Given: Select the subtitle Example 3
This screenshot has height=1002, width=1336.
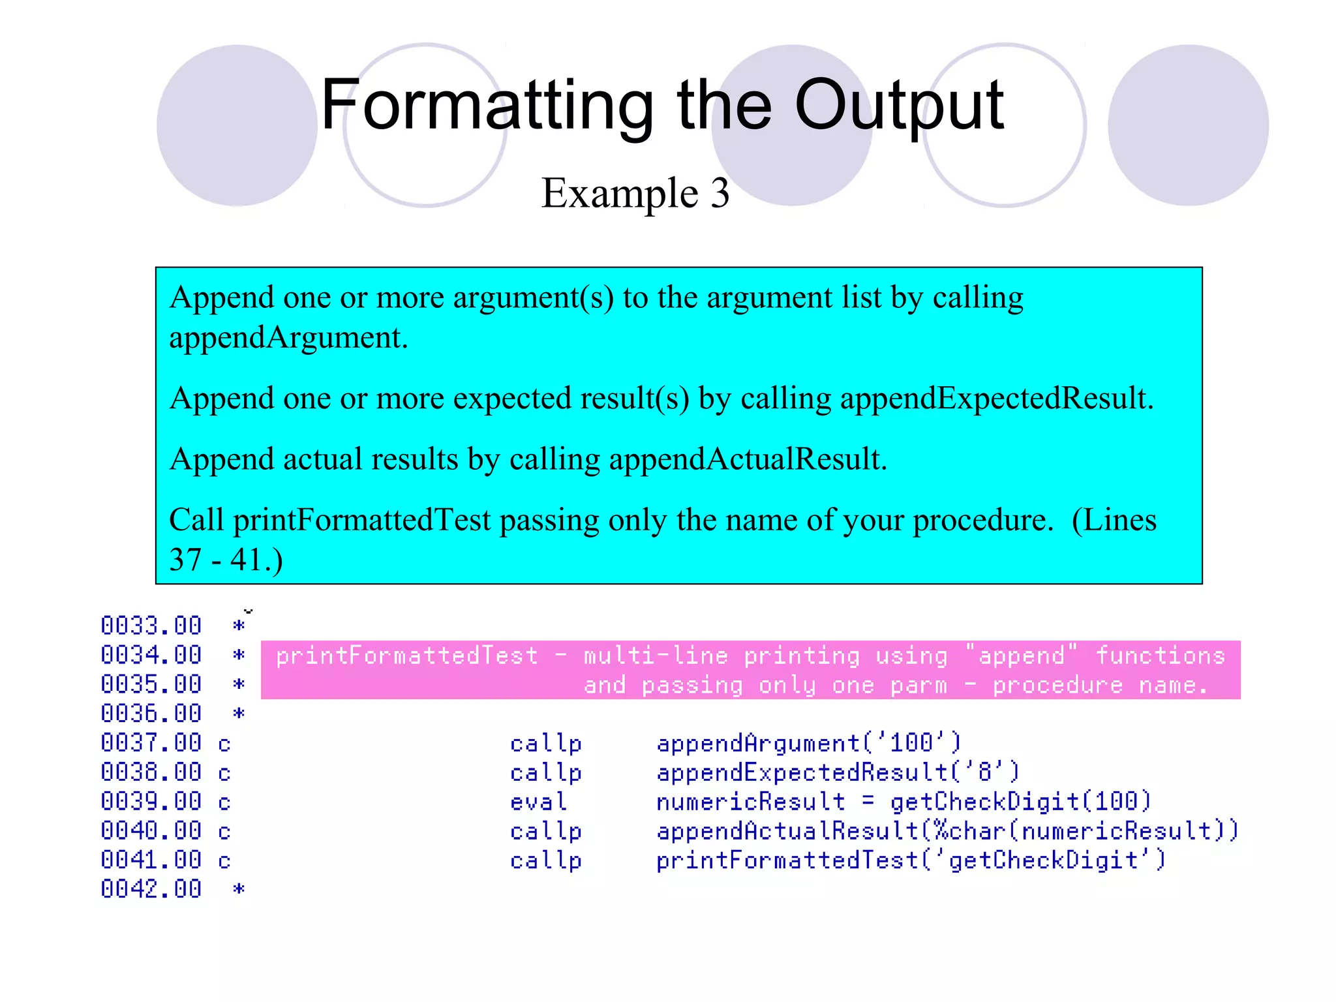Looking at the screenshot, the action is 635,193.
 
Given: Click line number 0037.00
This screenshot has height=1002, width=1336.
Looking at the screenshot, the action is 151,743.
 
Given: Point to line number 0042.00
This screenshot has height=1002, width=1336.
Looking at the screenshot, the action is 151,889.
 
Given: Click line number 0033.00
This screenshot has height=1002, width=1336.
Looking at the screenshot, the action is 151,626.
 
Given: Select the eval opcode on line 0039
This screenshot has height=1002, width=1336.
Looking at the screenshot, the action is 538,802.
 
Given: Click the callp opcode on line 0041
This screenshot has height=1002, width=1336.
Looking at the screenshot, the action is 545,860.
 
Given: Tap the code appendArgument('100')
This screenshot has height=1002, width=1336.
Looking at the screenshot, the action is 808,743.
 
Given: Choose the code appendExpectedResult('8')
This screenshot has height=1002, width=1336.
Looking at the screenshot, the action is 838,772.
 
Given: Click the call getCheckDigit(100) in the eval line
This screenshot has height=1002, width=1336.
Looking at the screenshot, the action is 1021,802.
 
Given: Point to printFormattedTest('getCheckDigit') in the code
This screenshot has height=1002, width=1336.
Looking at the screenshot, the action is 911,860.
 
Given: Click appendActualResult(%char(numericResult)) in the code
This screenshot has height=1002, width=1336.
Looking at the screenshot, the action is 947,831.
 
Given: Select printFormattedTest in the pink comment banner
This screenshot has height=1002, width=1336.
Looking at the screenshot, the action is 407,656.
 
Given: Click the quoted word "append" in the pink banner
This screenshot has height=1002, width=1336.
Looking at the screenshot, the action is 1022,655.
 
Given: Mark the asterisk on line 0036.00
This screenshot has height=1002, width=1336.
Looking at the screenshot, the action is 239,714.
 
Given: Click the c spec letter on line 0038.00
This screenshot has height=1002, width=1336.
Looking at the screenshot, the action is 224,773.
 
